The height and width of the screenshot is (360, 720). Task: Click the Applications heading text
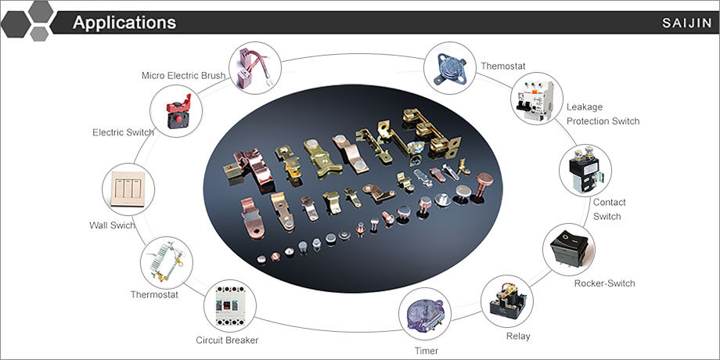[x=124, y=22]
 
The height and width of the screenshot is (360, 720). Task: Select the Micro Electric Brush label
[x=183, y=76]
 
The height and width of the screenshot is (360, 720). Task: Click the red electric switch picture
[x=176, y=110]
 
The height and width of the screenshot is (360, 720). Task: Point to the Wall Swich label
[x=113, y=226]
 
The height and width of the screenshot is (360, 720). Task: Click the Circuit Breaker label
[x=227, y=340]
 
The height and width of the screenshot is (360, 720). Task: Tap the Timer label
[x=427, y=351]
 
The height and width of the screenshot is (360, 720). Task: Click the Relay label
[x=517, y=337]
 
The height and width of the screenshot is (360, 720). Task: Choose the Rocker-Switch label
[x=604, y=283]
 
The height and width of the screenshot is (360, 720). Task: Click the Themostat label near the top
[x=505, y=66]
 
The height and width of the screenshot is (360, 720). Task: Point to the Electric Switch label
[x=123, y=132]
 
